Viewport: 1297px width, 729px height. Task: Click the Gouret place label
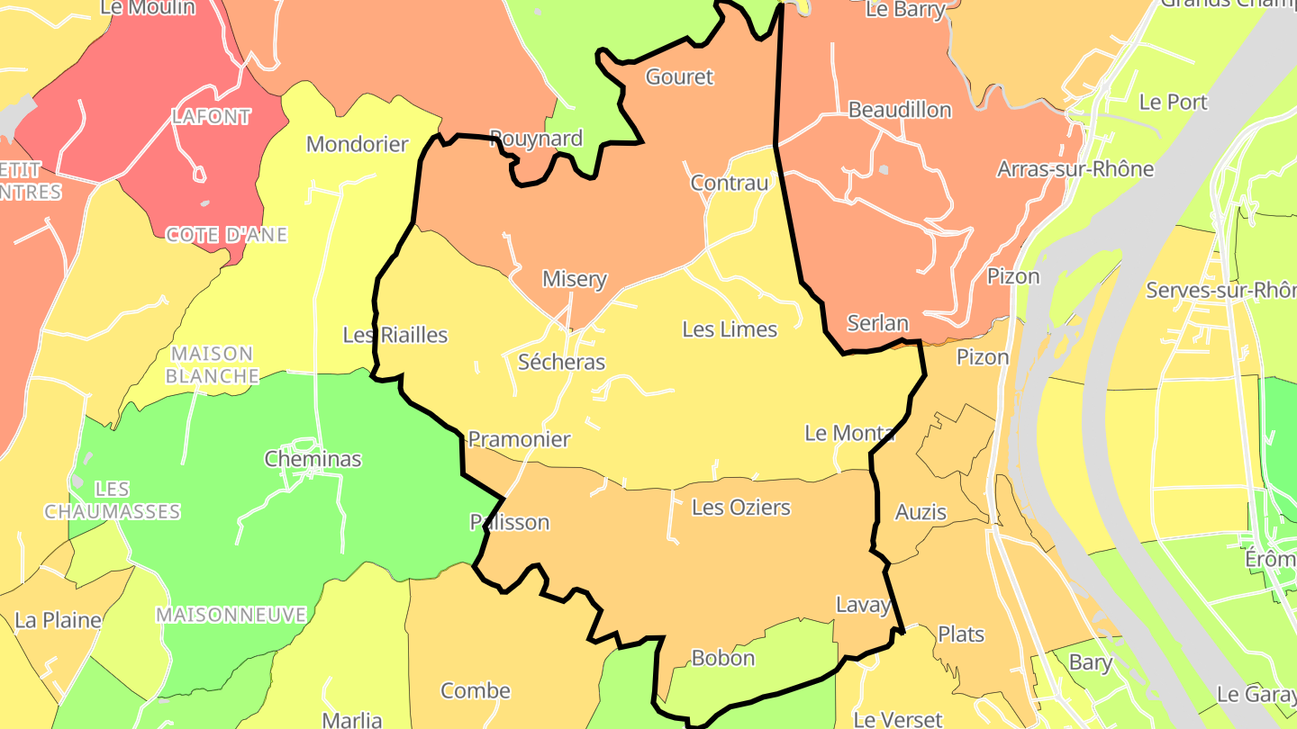tap(679, 77)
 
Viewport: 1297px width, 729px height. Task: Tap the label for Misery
tap(574, 279)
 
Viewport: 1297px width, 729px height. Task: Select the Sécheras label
tap(561, 362)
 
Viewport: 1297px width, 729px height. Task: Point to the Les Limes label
tap(730, 329)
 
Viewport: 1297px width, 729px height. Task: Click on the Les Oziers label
tap(740, 508)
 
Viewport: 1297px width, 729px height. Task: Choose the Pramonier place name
tap(519, 439)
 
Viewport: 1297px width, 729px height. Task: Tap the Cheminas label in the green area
tap(313, 459)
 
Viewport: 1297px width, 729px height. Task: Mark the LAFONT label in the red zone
tap(212, 116)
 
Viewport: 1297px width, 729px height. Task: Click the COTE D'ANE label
tap(227, 235)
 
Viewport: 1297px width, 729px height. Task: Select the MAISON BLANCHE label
tap(213, 364)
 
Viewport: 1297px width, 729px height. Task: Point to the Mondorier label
tap(357, 144)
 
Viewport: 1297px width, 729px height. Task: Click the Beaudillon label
tap(900, 110)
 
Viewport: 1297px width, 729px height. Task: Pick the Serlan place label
tap(877, 323)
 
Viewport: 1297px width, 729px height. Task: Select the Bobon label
tap(722, 658)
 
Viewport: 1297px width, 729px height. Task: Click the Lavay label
tap(863, 605)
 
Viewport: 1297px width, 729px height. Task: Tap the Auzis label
tap(921, 512)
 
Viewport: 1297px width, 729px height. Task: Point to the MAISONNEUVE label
tap(231, 615)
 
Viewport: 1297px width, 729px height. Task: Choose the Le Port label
tap(1173, 103)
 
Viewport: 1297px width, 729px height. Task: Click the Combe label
tap(475, 691)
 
